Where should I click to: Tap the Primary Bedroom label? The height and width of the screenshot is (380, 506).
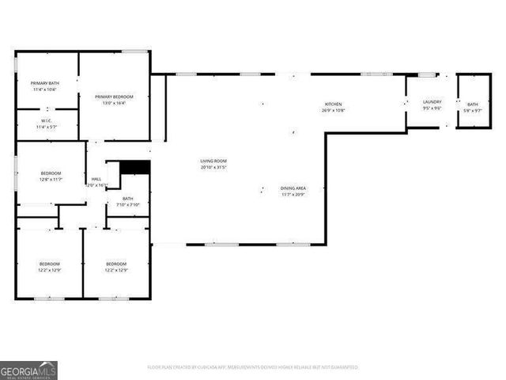[x=114, y=97]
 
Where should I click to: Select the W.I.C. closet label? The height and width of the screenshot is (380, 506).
[x=47, y=121]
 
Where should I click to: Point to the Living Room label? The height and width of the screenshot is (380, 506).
[x=213, y=161]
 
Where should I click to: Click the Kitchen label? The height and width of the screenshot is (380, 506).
[x=333, y=104]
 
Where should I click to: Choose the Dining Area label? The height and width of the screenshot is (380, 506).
[x=293, y=188]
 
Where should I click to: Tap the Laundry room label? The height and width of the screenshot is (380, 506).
[x=432, y=101]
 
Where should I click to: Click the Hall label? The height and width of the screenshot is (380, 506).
[x=96, y=179]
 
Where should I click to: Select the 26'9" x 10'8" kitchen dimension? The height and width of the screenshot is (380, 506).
[x=333, y=111]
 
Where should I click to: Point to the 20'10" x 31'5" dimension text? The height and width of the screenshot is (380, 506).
[x=213, y=168]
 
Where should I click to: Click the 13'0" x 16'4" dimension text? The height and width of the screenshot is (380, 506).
[x=114, y=103]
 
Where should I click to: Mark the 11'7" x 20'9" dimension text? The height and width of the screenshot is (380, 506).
[x=293, y=194]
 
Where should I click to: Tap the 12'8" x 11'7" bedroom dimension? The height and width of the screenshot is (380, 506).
[x=51, y=179]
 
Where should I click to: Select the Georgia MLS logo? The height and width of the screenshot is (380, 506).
[x=28, y=370]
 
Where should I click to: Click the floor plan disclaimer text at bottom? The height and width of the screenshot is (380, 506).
[x=252, y=367]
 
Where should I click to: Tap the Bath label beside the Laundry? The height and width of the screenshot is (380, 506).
[x=472, y=104]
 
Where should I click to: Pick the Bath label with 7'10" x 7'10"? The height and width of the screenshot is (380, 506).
[x=127, y=199]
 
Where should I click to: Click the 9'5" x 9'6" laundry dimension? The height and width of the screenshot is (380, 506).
[x=432, y=108]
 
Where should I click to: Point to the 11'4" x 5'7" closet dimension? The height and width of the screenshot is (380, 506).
[x=47, y=127]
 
